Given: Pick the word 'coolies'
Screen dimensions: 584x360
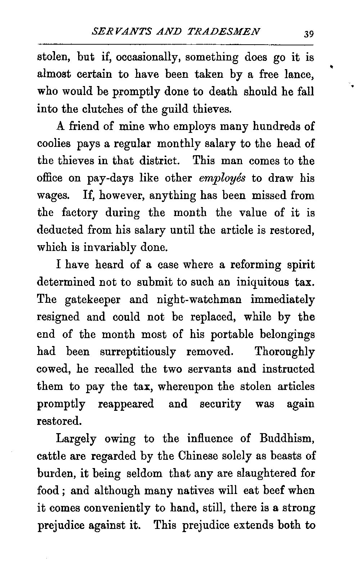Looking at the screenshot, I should point(53,144).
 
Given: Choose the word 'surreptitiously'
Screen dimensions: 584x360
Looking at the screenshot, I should point(138,352).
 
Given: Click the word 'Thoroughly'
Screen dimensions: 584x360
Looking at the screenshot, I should point(284,352).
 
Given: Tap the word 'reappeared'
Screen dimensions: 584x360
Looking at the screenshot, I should point(126,404).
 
